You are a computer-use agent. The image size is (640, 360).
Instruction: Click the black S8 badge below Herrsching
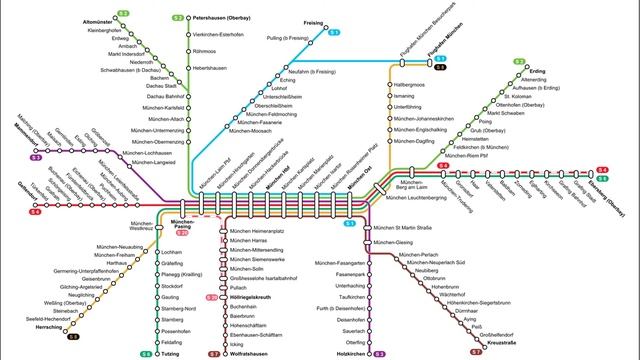pos(74,337)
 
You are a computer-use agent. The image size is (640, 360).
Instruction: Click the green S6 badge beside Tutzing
pos(146,353)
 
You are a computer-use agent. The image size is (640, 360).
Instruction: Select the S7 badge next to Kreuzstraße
pos(475,351)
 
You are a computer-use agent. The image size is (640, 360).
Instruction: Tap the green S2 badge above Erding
pos(519,62)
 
